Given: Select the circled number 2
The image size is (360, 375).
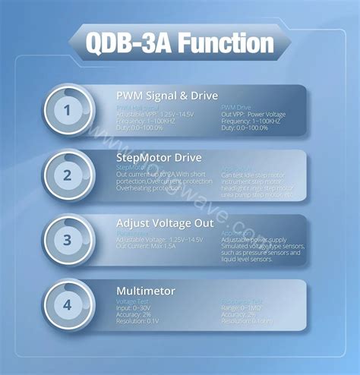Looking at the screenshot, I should [x=67, y=176].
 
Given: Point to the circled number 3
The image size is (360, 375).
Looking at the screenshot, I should [x=67, y=241].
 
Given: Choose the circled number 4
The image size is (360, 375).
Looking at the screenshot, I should [x=67, y=306].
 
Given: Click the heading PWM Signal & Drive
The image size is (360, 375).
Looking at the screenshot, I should [x=166, y=96].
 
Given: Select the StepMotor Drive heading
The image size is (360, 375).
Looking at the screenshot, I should [x=159, y=158].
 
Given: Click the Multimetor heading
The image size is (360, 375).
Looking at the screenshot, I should [x=145, y=291].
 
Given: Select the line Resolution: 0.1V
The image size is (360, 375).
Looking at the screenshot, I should [x=137, y=320].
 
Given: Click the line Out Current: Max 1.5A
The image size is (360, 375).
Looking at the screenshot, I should [x=147, y=246].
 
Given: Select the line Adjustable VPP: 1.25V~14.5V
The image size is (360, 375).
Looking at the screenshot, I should [x=152, y=115].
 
